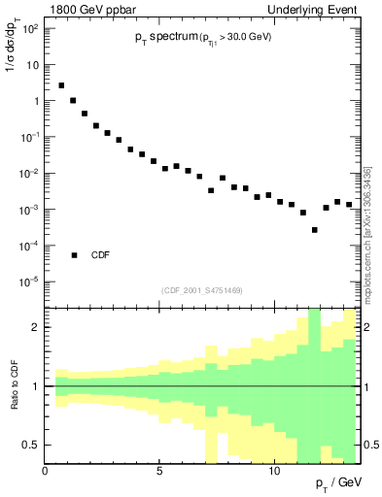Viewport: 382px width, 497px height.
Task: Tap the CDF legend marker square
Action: pos(74,255)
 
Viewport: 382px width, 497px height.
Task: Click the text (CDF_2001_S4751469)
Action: pos(201,289)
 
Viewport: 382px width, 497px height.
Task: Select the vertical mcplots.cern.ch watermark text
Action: pos(367,233)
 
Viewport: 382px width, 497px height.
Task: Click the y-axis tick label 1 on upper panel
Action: pos(35,101)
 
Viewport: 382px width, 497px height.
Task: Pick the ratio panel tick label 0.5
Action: pos(31,445)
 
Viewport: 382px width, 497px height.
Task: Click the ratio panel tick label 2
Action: pos(36,327)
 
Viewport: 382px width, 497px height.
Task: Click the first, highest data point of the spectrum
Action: pos(61,85)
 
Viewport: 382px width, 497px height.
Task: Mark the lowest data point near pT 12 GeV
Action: pos(314,230)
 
